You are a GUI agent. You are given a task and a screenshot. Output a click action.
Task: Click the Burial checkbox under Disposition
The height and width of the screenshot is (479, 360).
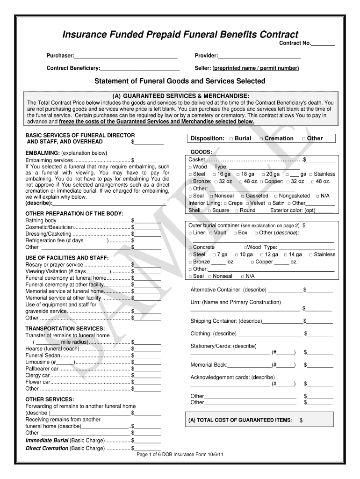[x=231, y=139]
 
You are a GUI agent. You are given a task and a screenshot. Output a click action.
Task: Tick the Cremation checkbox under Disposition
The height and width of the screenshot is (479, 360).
[x=261, y=139]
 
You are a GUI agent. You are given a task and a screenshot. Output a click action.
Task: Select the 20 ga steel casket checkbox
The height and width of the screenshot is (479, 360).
[x=263, y=174]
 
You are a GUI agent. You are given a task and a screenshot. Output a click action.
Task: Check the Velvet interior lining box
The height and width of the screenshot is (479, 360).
[x=247, y=203]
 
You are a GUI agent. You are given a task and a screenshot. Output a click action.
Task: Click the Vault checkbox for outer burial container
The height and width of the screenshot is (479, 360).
[x=210, y=233]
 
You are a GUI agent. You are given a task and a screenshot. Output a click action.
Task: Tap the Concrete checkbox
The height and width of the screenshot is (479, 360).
[x=190, y=247]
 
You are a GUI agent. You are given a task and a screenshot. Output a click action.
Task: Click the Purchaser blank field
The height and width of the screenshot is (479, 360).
[x=126, y=56]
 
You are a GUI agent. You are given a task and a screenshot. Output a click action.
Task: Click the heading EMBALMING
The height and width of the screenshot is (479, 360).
[x=42, y=153]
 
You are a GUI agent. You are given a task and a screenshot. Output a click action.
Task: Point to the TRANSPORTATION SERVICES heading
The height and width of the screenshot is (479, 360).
[x=65, y=328]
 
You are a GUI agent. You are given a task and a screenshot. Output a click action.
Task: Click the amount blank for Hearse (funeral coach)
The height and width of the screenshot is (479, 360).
[x=148, y=348]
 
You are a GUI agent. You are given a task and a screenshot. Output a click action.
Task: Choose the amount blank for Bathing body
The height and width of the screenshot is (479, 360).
[x=148, y=220]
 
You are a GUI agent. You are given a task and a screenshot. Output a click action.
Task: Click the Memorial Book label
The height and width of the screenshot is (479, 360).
[x=209, y=365]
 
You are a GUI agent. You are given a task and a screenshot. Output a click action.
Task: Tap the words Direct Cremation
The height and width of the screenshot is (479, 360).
[x=47, y=448]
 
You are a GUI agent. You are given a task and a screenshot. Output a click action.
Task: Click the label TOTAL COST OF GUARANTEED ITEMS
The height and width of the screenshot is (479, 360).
[x=239, y=420]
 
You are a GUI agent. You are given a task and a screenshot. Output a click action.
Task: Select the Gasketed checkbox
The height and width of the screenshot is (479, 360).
[x=243, y=196]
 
